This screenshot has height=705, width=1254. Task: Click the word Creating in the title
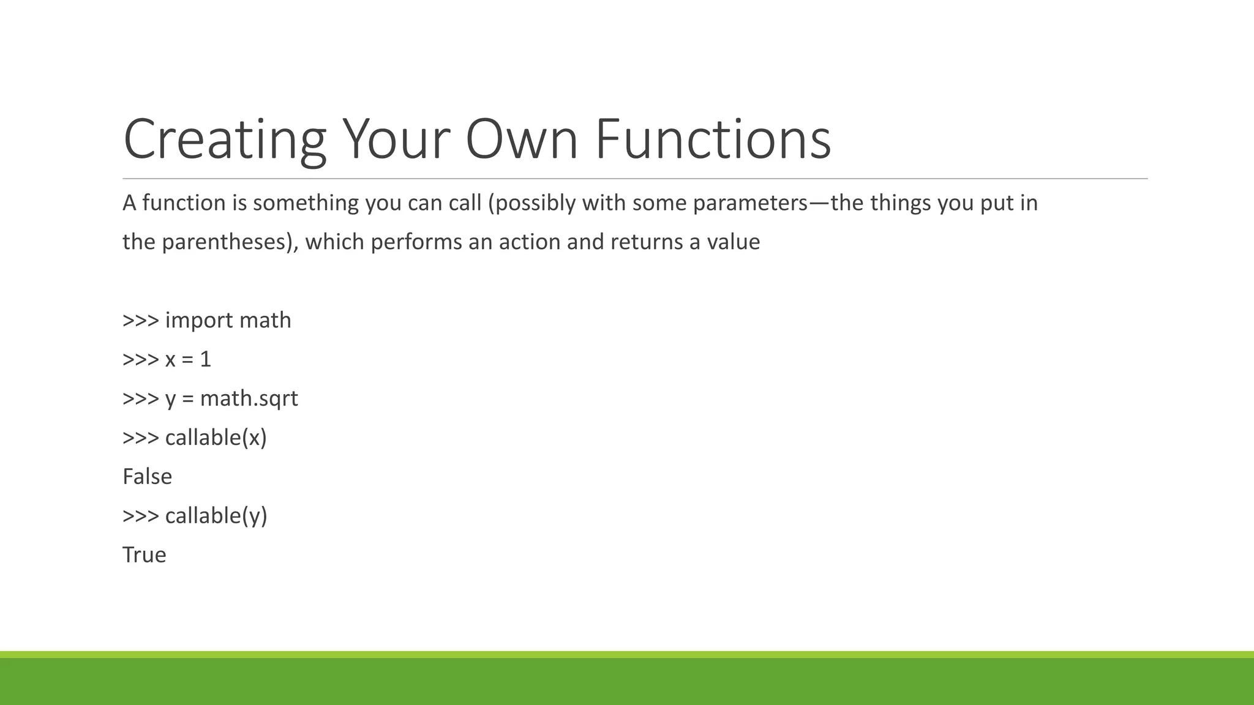(224, 140)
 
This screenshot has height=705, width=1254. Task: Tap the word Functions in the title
(713, 140)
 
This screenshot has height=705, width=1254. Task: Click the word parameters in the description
(750, 203)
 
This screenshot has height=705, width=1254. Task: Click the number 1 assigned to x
(205, 359)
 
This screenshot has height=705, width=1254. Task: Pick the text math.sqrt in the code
(249, 399)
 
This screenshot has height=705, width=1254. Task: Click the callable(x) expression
(216, 438)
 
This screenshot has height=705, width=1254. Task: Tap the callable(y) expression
(216, 516)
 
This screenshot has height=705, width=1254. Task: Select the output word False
(147, 477)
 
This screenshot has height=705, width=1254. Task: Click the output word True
(144, 555)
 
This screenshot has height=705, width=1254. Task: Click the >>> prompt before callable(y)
(140, 516)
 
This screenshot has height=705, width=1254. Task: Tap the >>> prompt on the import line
(140, 321)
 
